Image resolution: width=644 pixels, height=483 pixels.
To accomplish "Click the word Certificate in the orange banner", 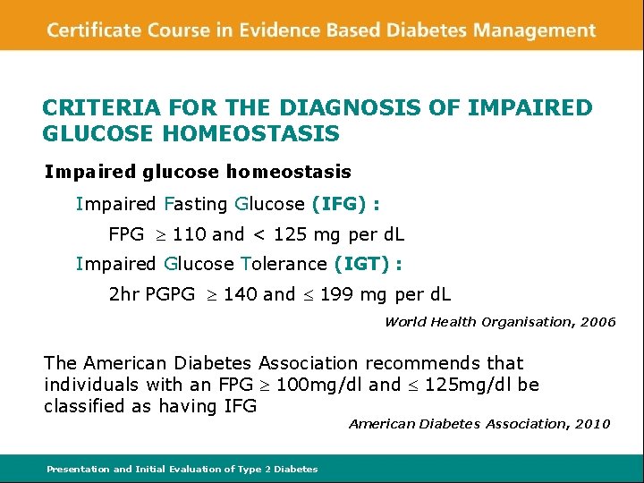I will [89, 30].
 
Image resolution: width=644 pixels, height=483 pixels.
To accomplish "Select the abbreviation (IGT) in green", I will [362, 264].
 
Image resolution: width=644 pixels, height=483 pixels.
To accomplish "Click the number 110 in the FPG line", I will [190, 234].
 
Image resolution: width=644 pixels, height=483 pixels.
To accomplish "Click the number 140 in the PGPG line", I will [240, 294].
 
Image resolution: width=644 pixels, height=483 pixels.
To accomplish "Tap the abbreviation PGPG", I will [165, 294].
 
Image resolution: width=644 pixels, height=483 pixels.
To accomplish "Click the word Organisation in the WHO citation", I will [523, 322].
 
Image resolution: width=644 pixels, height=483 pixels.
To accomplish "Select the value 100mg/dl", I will [323, 385].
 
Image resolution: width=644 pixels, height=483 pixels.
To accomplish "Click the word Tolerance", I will [284, 264].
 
